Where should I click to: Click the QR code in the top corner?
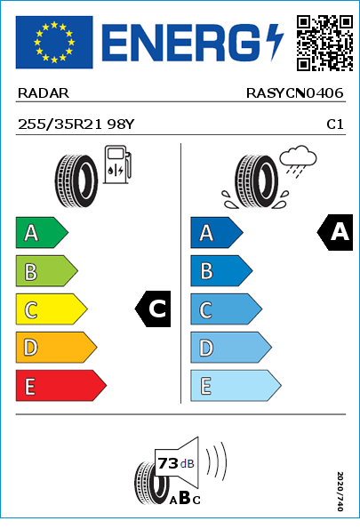click(x=325, y=43)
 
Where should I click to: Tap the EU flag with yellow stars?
click(x=54, y=42)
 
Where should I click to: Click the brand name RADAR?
click(x=44, y=93)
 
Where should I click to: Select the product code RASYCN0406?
click(x=294, y=93)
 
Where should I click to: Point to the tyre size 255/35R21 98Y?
click(x=76, y=124)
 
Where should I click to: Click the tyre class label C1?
click(x=335, y=124)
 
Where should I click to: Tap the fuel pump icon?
click(x=117, y=164)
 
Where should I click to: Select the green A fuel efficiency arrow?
click(x=42, y=232)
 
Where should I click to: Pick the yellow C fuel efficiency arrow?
click(x=52, y=309)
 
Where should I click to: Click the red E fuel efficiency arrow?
click(x=61, y=386)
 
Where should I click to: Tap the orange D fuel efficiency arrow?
click(x=56, y=347)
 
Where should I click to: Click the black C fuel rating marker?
click(x=153, y=309)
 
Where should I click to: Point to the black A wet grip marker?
click(x=335, y=232)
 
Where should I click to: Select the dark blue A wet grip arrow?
click(x=217, y=232)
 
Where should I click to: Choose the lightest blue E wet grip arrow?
click(x=236, y=386)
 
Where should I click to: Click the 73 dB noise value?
click(x=176, y=463)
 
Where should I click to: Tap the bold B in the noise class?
click(x=185, y=497)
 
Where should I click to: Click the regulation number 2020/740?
click(x=340, y=491)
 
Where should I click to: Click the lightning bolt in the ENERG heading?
click(x=275, y=43)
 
